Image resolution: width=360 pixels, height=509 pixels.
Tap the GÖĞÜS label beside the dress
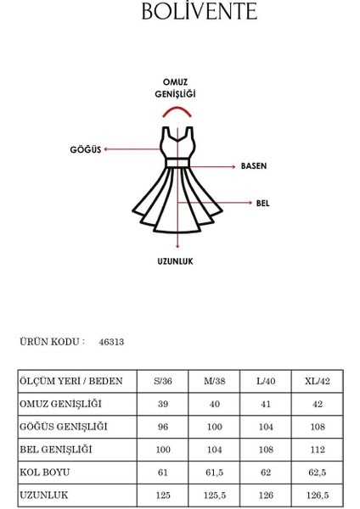[85, 149]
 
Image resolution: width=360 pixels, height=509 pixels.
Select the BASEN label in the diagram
[254, 165]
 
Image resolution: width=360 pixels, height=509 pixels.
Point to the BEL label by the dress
[262, 204]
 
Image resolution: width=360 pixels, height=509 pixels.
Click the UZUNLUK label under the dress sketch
[175, 261]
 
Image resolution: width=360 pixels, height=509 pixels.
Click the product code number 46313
[111, 342]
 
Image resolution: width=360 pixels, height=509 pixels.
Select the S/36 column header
[161, 382]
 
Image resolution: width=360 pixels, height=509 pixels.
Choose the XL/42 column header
[317, 382]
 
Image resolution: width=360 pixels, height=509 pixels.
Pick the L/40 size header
[265, 382]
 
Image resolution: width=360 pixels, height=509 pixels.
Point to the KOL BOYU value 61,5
[213, 472]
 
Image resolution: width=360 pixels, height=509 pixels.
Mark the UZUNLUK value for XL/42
[317, 494]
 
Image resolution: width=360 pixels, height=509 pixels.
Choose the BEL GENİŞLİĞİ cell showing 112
[317, 449]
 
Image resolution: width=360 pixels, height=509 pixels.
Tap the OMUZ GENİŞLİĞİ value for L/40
[265, 405]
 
